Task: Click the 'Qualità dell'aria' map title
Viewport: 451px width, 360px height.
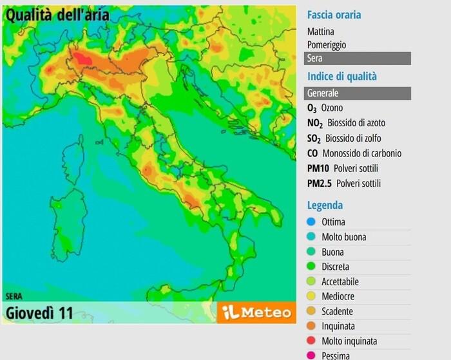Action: [57, 15]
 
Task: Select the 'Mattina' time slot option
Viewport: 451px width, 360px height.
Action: [321, 31]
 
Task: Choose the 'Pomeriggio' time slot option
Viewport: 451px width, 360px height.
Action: [327, 45]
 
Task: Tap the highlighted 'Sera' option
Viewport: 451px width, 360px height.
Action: [358, 59]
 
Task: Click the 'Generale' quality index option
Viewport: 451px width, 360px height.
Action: [358, 93]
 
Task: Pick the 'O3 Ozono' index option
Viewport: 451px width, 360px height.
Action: [325, 108]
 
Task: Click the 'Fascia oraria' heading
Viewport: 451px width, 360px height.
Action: [334, 15]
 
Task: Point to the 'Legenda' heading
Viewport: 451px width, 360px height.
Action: [325, 205]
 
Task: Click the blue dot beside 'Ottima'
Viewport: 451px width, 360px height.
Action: [311, 222]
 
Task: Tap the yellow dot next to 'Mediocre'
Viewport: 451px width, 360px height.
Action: [311, 297]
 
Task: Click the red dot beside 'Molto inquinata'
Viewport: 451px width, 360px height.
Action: [311, 341]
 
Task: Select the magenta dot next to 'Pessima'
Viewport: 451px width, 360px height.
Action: [311, 355]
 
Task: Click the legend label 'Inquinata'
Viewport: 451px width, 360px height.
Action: [338, 327]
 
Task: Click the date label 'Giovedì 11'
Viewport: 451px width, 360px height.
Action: [39, 314]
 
